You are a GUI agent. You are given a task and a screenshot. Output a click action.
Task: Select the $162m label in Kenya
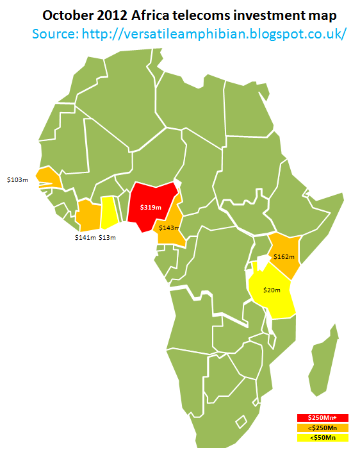(x=284, y=256)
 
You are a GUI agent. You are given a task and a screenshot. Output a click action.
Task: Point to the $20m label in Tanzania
(x=272, y=290)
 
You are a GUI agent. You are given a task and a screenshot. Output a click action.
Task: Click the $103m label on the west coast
(x=17, y=181)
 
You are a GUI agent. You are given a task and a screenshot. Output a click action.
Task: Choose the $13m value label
(x=108, y=238)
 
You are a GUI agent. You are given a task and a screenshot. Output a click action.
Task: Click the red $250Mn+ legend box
(x=322, y=418)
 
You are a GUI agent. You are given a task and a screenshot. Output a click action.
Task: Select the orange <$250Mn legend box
(x=322, y=428)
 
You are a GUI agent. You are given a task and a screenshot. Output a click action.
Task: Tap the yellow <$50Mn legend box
(x=322, y=438)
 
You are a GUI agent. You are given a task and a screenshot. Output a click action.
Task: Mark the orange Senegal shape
(x=47, y=177)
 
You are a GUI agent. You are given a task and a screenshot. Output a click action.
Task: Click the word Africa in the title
(x=173, y=13)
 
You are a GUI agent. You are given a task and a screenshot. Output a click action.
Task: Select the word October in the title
(x=69, y=13)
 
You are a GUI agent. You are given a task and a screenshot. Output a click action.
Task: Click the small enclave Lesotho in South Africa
(x=241, y=421)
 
